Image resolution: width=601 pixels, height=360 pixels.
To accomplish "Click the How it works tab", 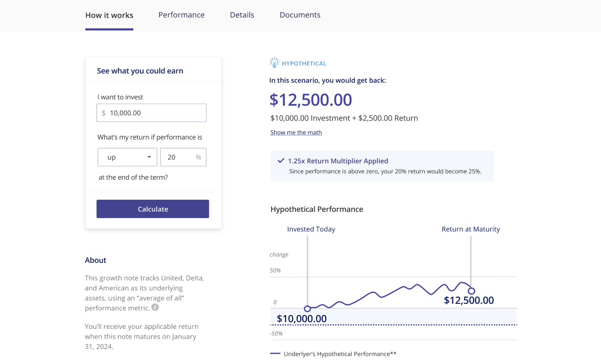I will point(109,15).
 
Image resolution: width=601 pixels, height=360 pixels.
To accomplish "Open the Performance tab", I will point(181,15).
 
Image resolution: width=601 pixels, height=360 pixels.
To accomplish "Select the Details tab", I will point(242,15).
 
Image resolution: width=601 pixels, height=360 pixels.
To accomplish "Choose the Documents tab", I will point(300,15).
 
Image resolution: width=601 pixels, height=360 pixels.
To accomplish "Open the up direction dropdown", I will point(127,157).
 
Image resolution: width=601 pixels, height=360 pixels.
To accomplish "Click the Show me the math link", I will point(296,132).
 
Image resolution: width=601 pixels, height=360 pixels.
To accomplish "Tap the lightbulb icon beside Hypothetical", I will point(274,63).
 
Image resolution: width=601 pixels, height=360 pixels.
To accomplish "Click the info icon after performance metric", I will point(155,307).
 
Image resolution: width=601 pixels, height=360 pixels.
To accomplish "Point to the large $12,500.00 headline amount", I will point(311,100).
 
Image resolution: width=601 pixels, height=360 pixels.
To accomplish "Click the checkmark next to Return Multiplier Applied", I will point(281,160).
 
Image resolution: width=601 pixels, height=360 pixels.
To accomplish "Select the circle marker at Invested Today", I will point(307,308).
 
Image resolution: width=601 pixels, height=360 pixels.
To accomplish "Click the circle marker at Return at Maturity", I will point(471,291).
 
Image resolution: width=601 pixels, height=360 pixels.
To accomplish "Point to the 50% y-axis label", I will point(275,270).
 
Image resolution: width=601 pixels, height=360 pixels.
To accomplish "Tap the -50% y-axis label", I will point(276,333).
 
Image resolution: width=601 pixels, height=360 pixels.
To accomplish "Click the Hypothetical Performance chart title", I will point(317,209).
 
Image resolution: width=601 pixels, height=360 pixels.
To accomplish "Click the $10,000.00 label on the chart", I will point(302,319).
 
